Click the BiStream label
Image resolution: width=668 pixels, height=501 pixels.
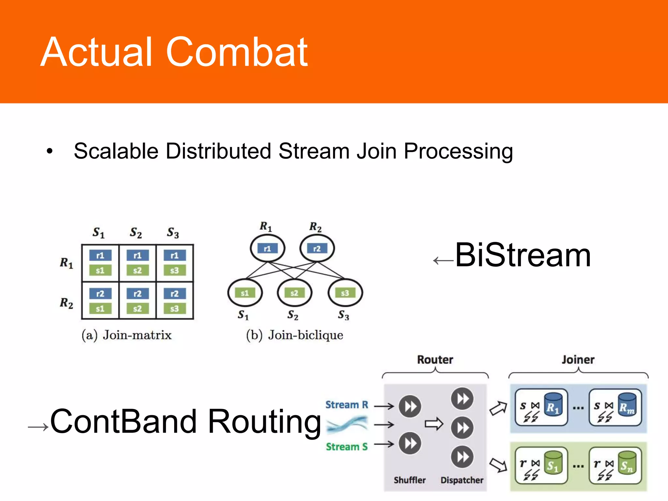[523, 255]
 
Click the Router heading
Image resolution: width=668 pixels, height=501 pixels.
[435, 359]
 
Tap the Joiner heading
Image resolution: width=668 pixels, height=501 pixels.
[578, 359]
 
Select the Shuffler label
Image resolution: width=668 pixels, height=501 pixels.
[410, 480]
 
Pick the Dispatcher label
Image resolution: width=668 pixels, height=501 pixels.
[462, 480]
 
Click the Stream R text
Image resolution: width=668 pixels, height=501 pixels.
[347, 405]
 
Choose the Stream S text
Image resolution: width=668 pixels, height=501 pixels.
[347, 447]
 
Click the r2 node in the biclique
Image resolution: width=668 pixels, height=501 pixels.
[317, 249]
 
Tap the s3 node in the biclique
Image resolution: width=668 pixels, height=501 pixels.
[345, 293]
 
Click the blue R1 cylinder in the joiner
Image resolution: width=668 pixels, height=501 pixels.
[553, 404]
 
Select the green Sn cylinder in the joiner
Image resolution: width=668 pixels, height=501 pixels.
[627, 463]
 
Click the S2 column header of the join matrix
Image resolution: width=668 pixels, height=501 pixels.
[136, 233]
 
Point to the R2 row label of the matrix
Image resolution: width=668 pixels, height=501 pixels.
[67, 303]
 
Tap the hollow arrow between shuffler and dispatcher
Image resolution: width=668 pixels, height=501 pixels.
[434, 424]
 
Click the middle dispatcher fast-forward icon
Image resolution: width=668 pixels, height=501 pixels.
[462, 428]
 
